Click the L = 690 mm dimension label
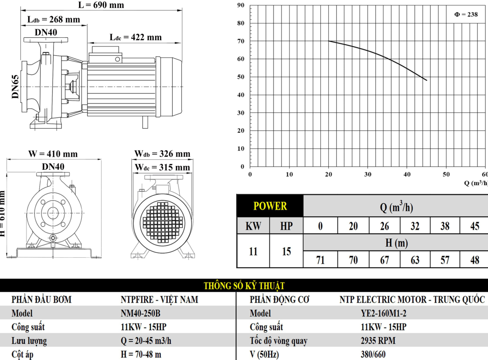101,5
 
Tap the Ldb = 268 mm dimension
54,20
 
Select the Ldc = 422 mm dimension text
136,37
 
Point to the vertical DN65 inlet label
15,87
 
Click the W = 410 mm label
53,154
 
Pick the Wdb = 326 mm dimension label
162,154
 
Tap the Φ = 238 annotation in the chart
466,14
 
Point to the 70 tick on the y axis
240,41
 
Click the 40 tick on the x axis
407,174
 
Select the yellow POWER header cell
270,206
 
